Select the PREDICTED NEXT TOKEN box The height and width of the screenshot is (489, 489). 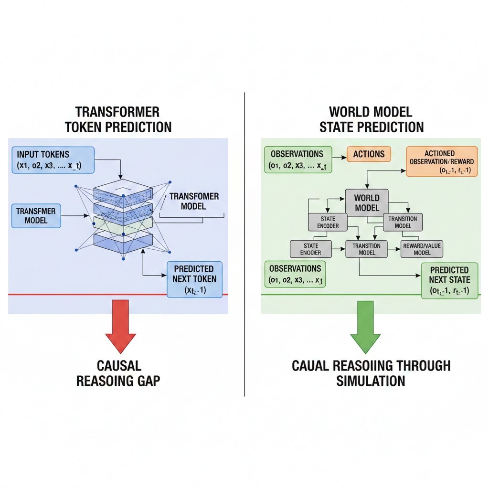tap(195, 279)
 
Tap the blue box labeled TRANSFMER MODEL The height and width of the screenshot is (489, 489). tap(36, 216)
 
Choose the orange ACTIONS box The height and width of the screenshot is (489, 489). tap(369, 154)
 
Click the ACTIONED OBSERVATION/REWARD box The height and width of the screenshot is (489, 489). tap(441, 161)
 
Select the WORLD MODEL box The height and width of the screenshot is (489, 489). tap(367, 202)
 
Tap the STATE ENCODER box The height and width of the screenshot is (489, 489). tap(328, 223)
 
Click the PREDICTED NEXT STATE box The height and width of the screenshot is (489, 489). tap(449, 280)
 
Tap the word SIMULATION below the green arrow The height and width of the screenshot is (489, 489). tap(371, 381)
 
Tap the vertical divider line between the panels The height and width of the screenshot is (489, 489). tap(244, 239)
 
